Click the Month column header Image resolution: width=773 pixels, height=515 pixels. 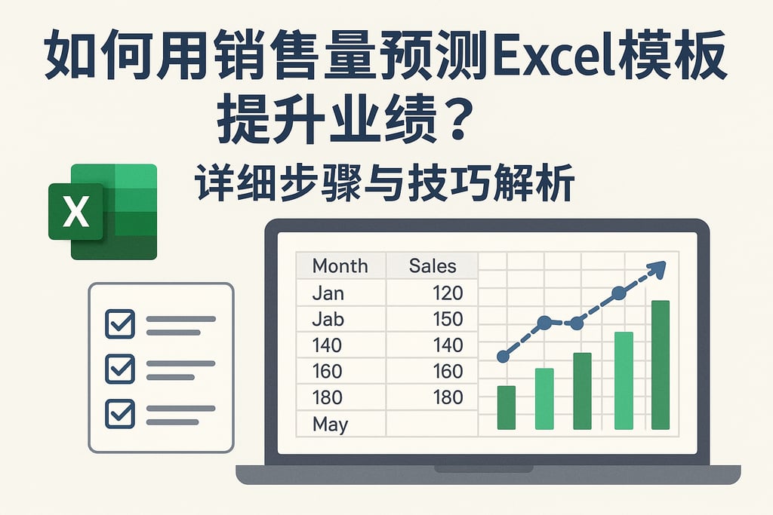click(x=340, y=265)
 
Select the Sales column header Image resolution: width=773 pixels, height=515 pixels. click(x=433, y=265)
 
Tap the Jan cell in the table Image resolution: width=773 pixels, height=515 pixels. click(x=328, y=293)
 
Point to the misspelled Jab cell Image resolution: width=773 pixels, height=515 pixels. click(x=328, y=319)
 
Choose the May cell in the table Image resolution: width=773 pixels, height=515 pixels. click(x=330, y=424)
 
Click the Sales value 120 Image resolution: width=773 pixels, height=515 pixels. click(x=448, y=293)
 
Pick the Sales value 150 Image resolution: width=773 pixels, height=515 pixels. click(x=448, y=319)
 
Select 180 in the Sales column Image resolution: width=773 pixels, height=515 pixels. click(x=448, y=397)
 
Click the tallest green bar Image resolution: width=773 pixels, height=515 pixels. click(x=661, y=365)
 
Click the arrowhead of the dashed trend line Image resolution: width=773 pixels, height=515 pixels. click(x=658, y=268)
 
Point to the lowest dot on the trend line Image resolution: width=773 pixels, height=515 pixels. click(x=504, y=356)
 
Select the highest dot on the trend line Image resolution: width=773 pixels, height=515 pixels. click(x=618, y=293)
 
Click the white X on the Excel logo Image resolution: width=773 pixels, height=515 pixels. click(x=75, y=211)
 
